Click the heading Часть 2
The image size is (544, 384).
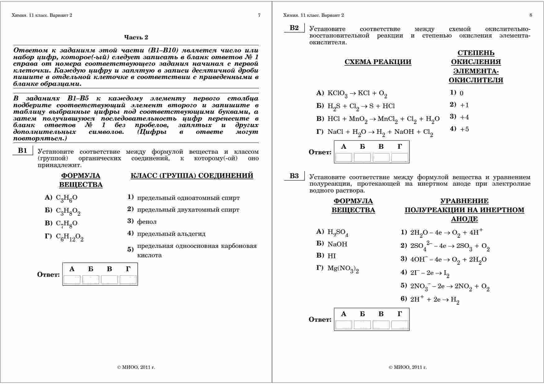(136, 38)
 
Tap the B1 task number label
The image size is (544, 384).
(22, 151)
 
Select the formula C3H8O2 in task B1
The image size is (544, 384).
(68, 211)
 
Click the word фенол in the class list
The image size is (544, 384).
(147, 222)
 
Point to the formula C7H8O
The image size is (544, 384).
(66, 223)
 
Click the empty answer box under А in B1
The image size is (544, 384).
(72, 280)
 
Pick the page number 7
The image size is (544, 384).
(259, 15)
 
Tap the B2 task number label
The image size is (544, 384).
(294, 28)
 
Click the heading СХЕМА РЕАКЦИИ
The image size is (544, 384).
(378, 62)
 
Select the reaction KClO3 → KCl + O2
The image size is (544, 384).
(357, 94)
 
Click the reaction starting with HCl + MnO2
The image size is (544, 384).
(383, 119)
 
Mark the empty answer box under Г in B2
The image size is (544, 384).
(400, 157)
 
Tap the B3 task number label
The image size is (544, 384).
(294, 176)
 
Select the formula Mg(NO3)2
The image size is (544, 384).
(343, 269)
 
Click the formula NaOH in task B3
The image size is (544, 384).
(337, 244)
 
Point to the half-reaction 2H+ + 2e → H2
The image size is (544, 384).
(435, 300)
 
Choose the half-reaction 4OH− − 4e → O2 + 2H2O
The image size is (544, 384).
(448, 260)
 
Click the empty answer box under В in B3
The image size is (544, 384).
(381, 325)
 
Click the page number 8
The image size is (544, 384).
(531, 15)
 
